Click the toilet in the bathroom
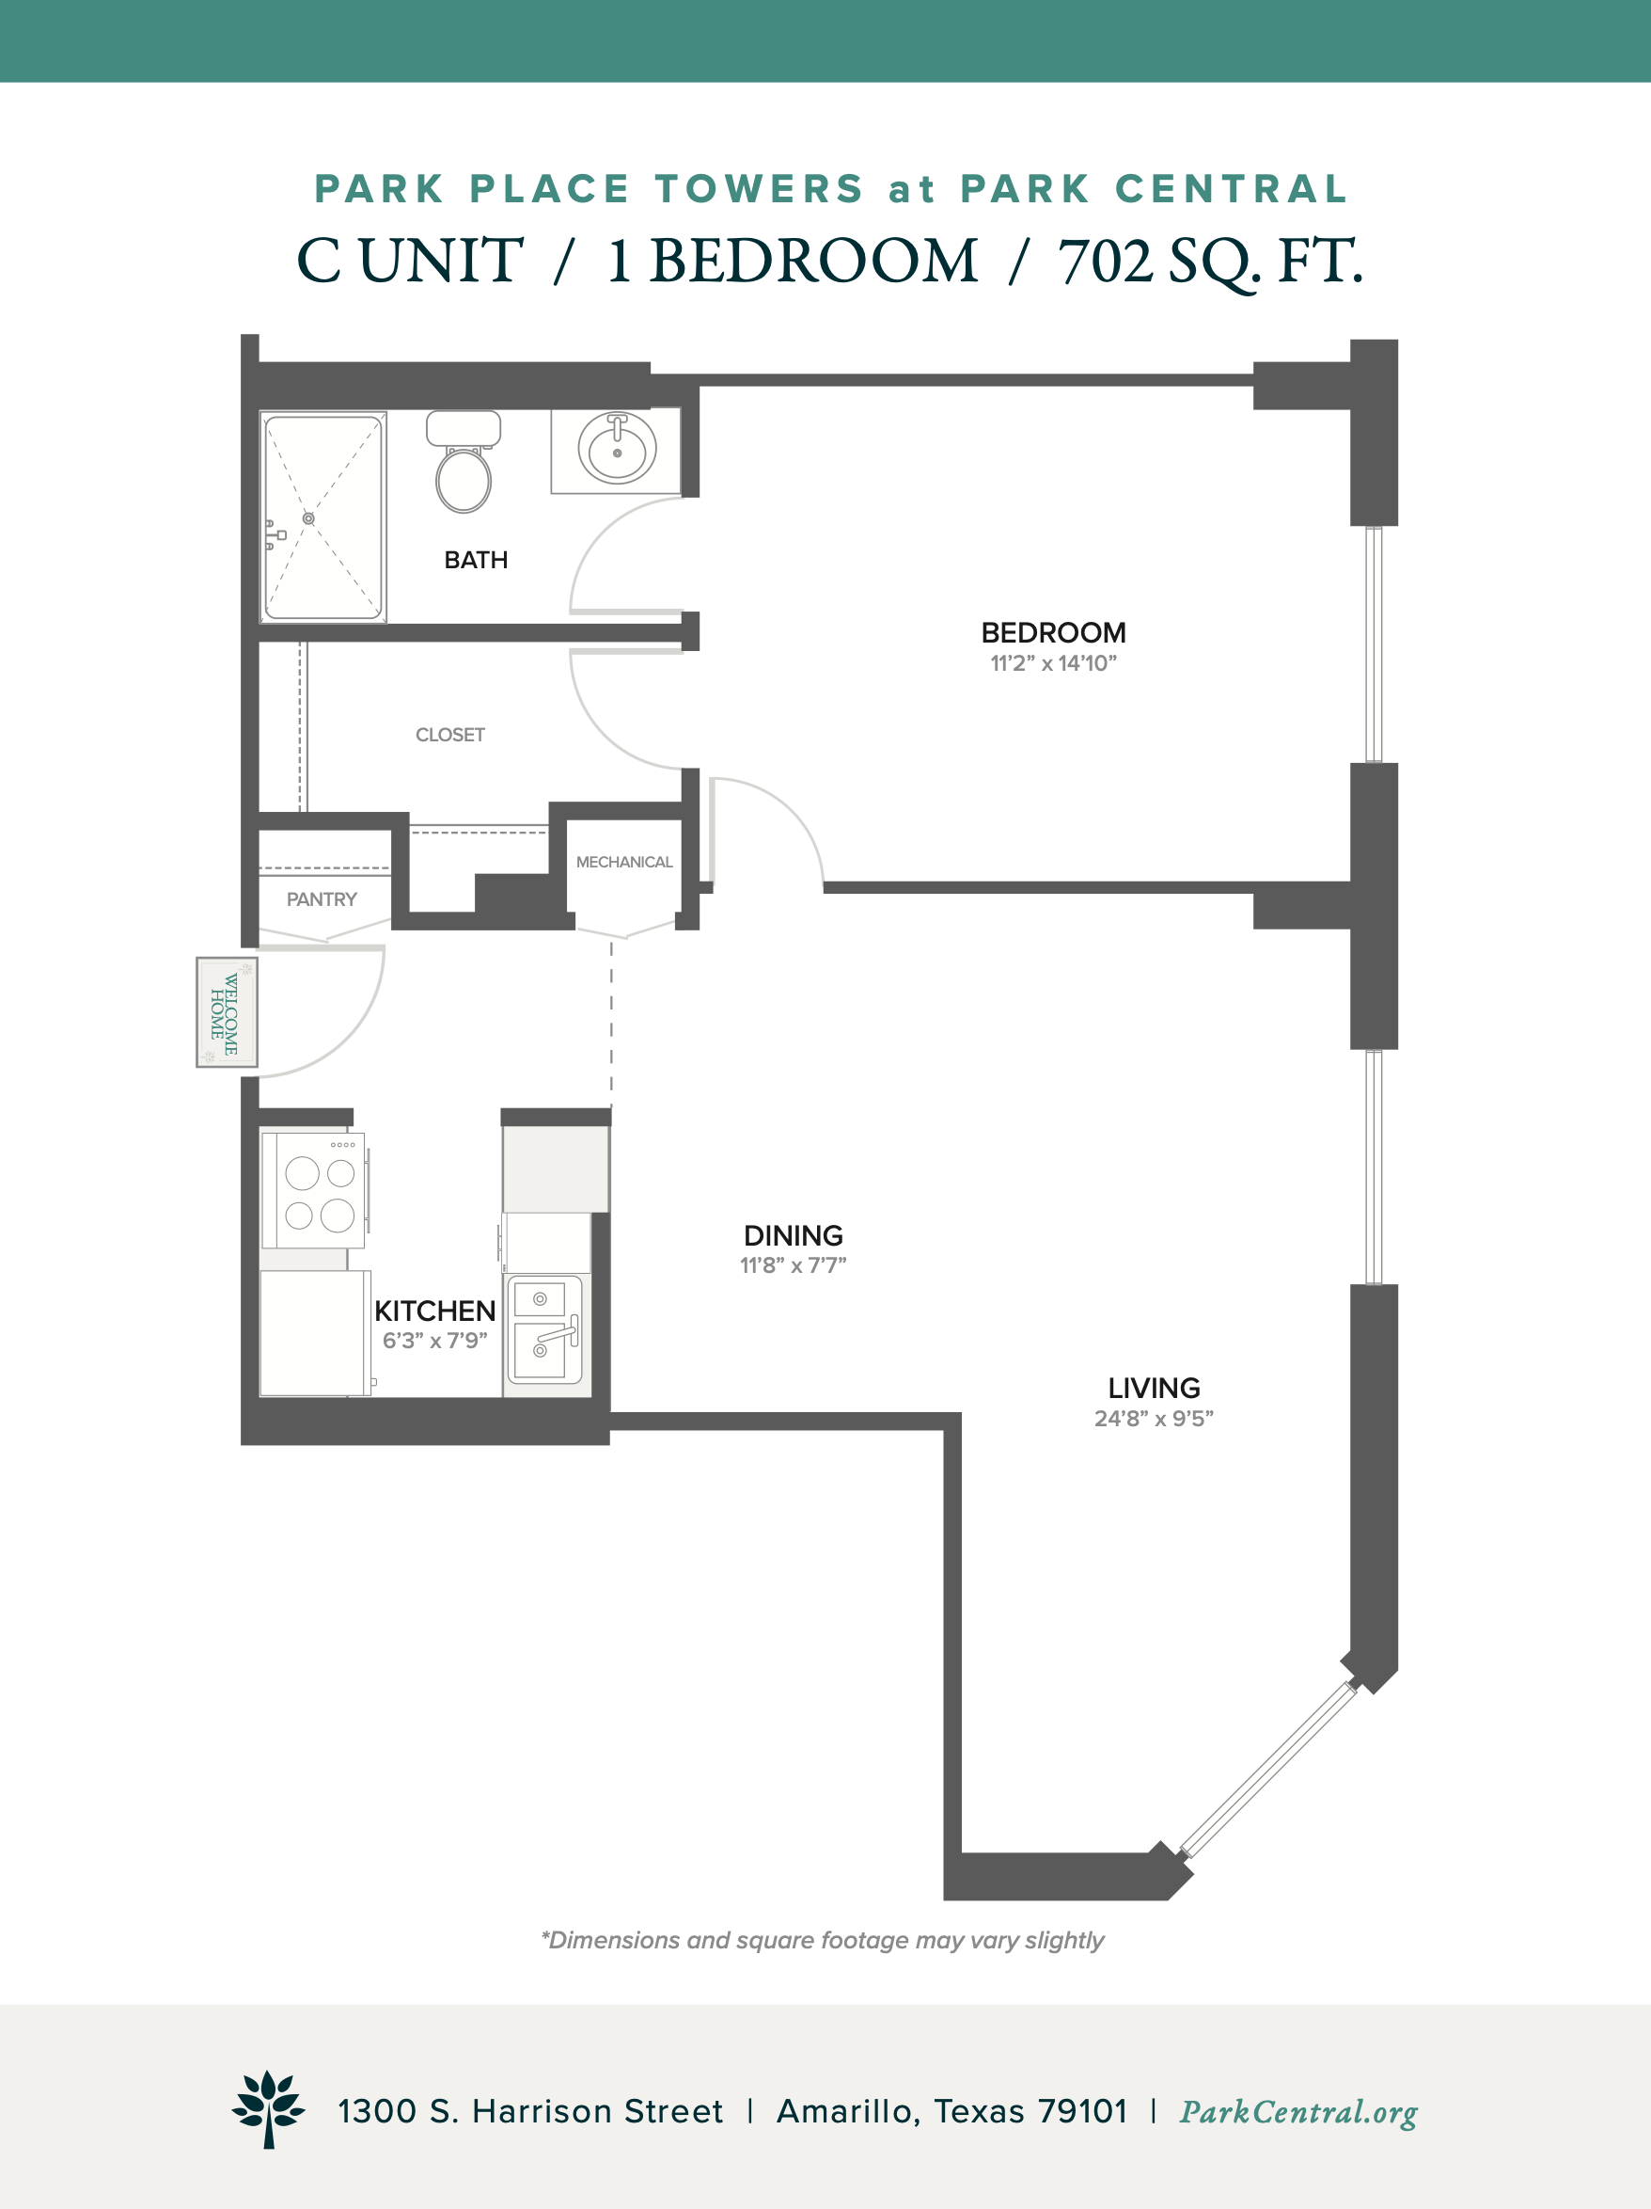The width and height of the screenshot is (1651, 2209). [464, 461]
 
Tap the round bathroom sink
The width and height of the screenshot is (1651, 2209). [617, 450]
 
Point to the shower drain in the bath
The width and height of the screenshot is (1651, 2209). [308, 518]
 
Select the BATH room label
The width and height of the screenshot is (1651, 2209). [476, 560]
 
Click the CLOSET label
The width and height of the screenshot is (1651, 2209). [450, 735]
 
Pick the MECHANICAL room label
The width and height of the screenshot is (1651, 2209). [624, 862]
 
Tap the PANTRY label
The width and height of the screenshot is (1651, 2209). [322, 899]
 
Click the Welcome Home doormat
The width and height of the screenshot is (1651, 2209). [227, 1012]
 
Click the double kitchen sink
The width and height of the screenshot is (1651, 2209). [545, 1329]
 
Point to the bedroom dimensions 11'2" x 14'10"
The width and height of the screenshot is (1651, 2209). [1053, 664]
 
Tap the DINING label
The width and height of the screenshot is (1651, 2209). [794, 1235]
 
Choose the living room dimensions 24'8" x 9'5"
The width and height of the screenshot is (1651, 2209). [1154, 1419]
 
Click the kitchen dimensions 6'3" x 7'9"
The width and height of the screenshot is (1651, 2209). [435, 1341]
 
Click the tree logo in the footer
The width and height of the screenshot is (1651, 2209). [269, 2109]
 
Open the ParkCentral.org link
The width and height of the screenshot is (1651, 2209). [1298, 2112]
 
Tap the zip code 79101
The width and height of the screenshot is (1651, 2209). [1083, 2111]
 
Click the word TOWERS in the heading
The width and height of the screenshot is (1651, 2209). [760, 189]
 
